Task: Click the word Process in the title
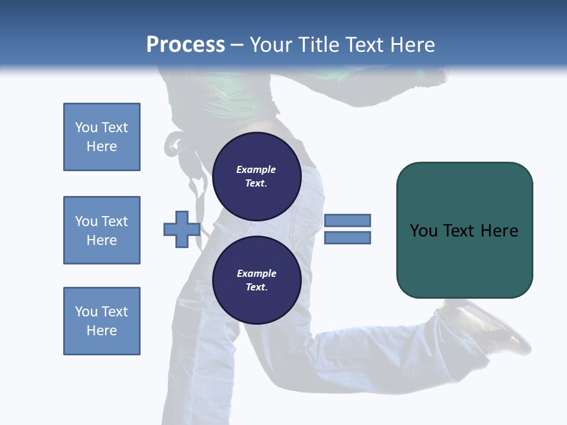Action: point(185,45)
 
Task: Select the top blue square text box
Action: point(102,137)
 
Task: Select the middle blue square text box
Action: point(102,230)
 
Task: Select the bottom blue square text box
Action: point(102,321)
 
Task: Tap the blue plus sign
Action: point(181,230)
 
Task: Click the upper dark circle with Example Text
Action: point(256,176)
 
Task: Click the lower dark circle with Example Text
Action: point(256,280)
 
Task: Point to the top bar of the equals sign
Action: point(347,221)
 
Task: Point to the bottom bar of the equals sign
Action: point(347,238)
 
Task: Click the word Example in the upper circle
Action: point(256,169)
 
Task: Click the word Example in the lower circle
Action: point(256,273)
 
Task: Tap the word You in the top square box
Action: point(86,127)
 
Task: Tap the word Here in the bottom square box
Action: point(102,331)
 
